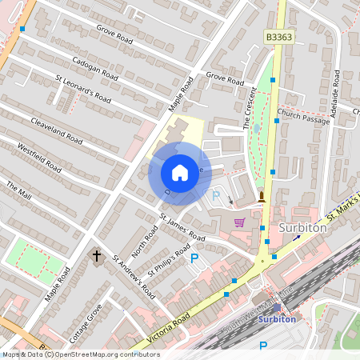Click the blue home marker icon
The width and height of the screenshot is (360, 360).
180,172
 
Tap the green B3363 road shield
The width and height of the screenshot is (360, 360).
277,37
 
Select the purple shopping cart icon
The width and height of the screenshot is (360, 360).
238,222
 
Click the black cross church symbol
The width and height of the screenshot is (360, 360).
97,256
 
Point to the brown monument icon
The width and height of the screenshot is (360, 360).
261,197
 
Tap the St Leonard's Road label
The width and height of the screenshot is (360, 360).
83,90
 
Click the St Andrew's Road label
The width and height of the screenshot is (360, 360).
133,276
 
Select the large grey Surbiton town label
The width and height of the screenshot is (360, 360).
304,227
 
